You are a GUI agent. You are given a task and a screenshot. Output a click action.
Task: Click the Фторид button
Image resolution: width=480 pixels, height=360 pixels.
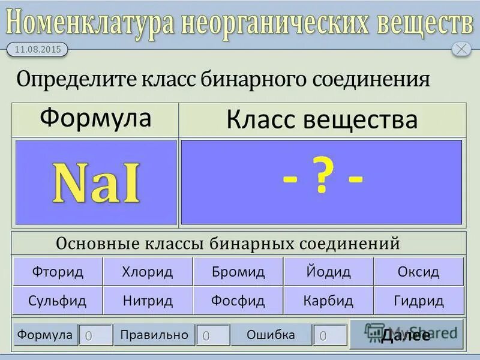tap(58, 272)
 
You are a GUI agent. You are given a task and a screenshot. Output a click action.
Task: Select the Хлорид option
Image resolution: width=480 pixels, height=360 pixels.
tap(148, 272)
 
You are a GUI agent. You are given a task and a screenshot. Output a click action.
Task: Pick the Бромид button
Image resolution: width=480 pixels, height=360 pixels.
tap(238, 272)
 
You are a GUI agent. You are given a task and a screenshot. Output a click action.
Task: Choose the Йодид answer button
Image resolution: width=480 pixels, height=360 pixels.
tap(328, 272)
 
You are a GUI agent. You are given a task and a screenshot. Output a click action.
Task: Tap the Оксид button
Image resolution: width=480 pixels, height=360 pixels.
tap(418, 272)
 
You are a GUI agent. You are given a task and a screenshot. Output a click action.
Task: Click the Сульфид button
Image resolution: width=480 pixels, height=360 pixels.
tap(58, 301)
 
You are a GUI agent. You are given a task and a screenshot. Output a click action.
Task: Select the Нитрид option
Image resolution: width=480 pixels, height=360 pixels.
tap(148, 301)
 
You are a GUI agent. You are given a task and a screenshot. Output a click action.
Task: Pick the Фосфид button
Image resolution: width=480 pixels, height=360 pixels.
tap(238, 301)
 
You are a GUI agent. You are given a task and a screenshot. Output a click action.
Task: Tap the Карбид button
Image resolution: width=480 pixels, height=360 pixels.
tap(328, 301)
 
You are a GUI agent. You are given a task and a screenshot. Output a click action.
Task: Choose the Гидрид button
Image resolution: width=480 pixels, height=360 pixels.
tap(418, 301)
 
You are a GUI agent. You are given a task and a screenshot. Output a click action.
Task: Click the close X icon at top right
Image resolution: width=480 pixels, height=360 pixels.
tap(461, 49)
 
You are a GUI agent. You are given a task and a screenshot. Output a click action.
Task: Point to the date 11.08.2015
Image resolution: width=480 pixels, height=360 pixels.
tap(37, 50)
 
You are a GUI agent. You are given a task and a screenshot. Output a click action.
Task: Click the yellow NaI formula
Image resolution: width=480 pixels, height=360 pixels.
tap(96, 183)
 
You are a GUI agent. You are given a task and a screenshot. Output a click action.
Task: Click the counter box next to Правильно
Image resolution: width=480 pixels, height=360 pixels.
tap(212, 335)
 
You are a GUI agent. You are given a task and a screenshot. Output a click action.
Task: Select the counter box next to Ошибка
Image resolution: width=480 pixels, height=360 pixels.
tap(329, 335)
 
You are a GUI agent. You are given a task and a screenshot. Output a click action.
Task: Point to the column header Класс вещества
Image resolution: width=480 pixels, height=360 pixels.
tap(322, 119)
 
